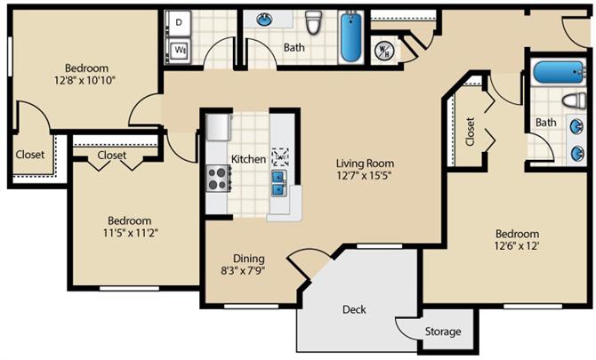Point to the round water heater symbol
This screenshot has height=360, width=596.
tap(385, 50)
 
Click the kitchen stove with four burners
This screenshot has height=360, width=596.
tap(217, 178)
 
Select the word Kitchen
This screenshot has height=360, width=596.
tap(248, 159)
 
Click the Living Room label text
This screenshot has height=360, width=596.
tap(365, 164)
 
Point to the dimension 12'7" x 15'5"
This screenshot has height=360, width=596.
tap(365, 176)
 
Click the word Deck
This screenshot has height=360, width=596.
tap(354, 309)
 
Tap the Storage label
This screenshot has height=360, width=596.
tap(442, 332)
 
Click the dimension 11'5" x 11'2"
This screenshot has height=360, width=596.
tap(129, 234)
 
